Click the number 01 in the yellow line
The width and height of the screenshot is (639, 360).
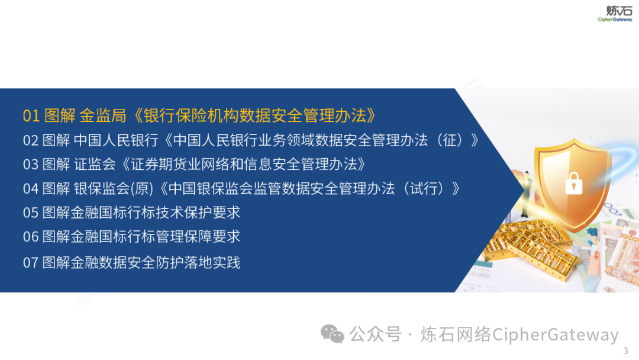point(31,116)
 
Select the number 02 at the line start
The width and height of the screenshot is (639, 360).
point(31,141)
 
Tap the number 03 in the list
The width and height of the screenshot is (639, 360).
point(31,165)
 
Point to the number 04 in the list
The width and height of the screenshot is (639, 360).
point(31,189)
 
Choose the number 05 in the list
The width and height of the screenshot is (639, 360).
point(31,213)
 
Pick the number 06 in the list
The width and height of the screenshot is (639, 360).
point(31,237)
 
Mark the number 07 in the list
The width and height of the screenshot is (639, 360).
point(31,262)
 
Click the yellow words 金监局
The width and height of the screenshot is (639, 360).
point(103,116)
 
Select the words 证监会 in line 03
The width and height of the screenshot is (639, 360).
point(95,164)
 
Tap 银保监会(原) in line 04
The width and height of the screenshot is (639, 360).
point(113,188)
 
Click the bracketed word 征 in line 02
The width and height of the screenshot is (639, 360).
point(450,140)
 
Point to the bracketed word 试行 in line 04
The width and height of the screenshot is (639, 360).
point(424,188)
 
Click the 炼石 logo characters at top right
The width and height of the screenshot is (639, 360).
point(619,11)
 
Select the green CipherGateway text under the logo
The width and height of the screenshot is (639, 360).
point(615,20)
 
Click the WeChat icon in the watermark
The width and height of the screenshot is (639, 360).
point(332,334)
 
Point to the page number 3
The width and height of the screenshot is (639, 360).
point(625,351)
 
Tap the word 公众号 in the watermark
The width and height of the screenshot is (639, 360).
point(375,334)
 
